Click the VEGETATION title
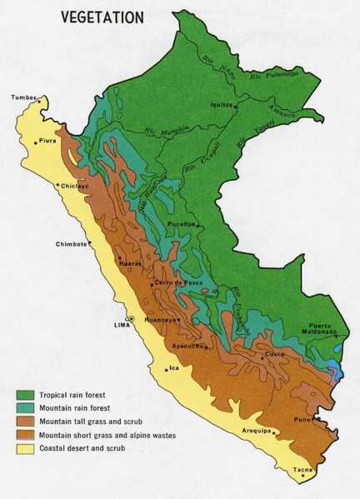[x=102, y=17]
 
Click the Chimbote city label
[x=72, y=244]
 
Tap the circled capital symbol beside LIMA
[x=131, y=319]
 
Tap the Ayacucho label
[x=189, y=345]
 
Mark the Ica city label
[x=173, y=367]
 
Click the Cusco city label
[x=275, y=354]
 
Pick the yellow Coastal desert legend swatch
[x=25, y=451]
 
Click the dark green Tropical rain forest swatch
[x=25, y=395]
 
